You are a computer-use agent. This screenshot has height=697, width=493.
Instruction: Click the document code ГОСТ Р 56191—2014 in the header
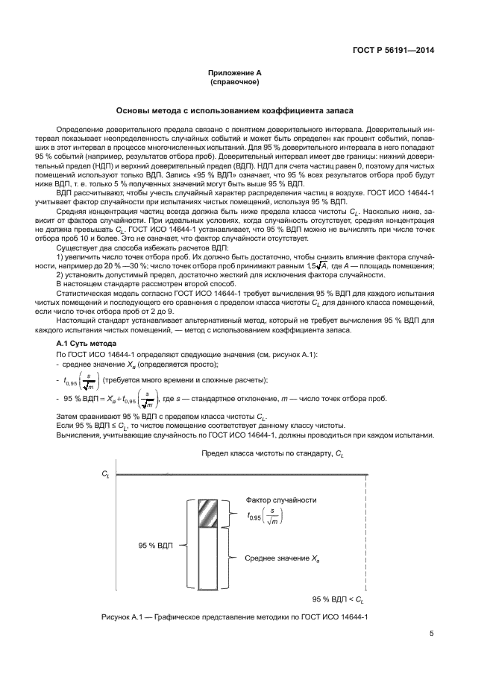coord(393,51)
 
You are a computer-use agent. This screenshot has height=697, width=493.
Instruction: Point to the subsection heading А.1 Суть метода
coord(87,342)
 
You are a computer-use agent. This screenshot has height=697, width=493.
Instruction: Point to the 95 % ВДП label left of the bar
coord(155,545)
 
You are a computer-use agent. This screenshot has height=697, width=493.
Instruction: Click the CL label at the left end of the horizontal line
coord(105,473)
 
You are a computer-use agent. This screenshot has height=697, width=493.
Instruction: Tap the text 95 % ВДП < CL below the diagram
coord(336,599)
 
